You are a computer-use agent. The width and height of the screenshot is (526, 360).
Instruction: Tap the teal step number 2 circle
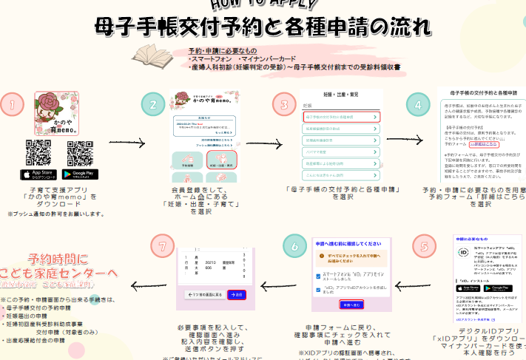pos(153,105)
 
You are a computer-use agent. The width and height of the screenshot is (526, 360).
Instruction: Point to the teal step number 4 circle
pos(419,105)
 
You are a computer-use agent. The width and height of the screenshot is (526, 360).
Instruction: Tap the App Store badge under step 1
pos(38,174)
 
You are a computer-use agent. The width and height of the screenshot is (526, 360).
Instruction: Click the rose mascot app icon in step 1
pos(57,113)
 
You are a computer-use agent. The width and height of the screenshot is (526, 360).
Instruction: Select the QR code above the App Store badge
pos(38,152)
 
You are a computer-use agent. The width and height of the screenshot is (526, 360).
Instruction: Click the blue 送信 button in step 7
pos(237,294)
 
